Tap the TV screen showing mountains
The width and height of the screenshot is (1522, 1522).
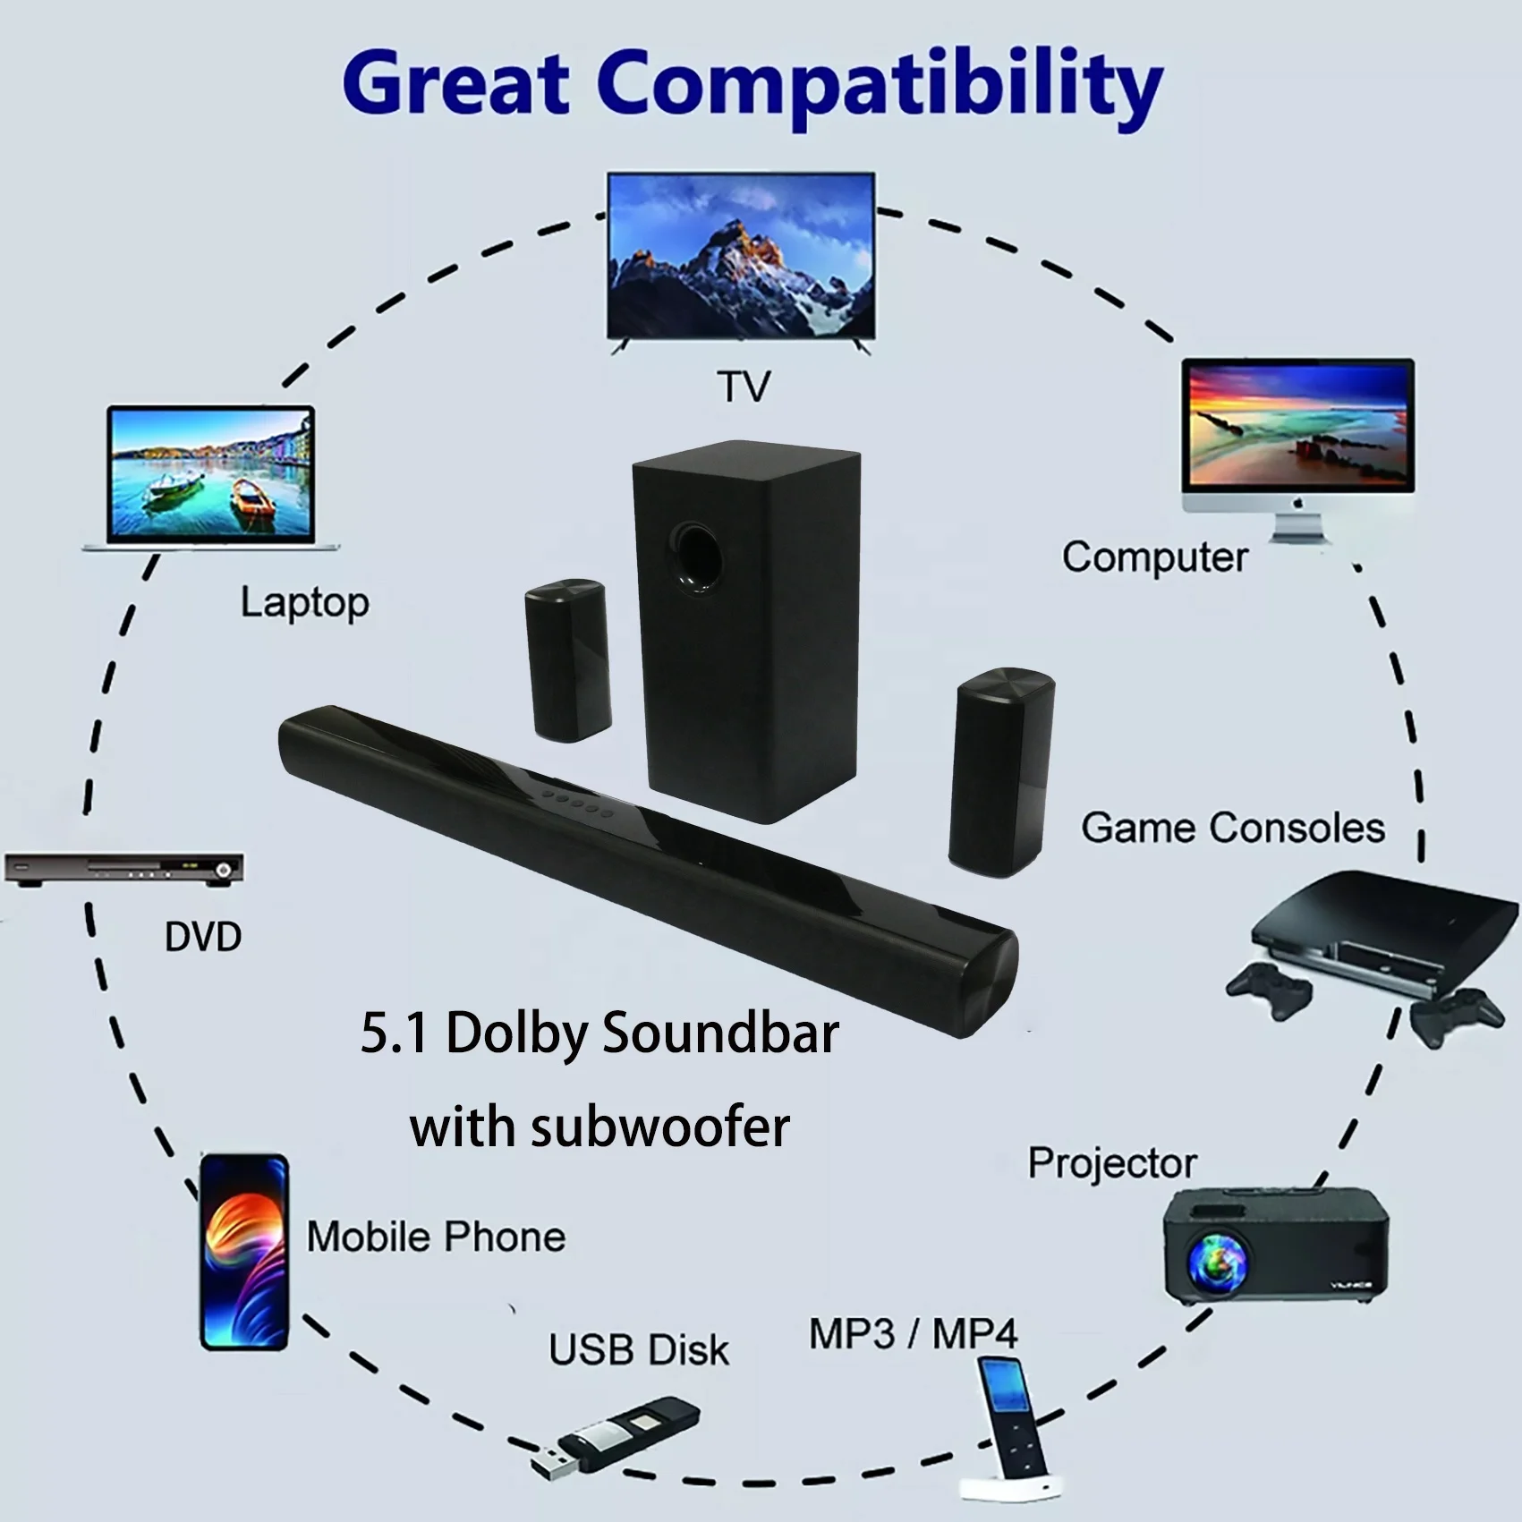tap(741, 255)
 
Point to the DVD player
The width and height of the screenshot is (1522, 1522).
tap(123, 868)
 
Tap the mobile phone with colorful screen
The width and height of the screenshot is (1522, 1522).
tap(243, 1251)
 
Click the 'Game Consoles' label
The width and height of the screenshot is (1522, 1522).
tap(1232, 828)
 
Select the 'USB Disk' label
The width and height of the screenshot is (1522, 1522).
tap(639, 1350)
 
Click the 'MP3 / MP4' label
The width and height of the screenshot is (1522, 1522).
tap(913, 1334)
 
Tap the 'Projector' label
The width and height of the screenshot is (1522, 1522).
tap(1112, 1163)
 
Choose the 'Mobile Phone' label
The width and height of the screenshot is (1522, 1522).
tap(436, 1237)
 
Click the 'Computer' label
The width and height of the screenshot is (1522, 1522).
tap(1154, 557)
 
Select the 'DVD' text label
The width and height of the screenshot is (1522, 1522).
tap(203, 937)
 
